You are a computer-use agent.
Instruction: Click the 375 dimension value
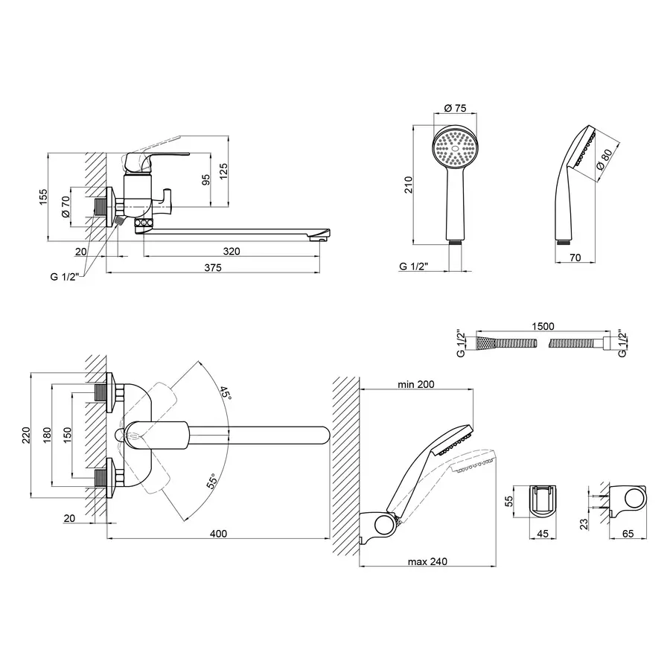click(x=213, y=268)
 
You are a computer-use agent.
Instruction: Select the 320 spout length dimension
click(x=232, y=252)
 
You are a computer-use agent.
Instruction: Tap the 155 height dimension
click(x=44, y=197)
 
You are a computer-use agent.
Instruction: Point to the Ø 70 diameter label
click(x=66, y=206)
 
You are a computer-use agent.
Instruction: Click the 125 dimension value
click(x=223, y=171)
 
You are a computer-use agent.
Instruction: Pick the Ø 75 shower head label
click(x=455, y=108)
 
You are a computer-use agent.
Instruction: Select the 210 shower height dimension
click(x=409, y=185)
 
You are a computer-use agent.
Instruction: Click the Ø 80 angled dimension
click(x=604, y=159)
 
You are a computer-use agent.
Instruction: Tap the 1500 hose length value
click(x=543, y=327)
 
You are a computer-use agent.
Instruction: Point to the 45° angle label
click(x=225, y=393)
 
